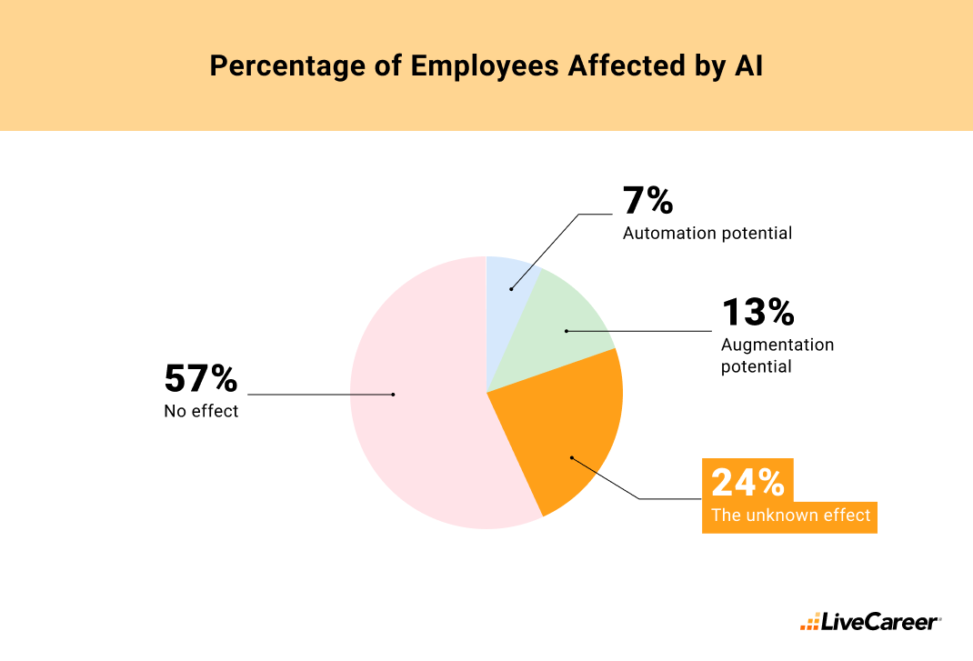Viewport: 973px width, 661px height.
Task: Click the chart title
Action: (486, 67)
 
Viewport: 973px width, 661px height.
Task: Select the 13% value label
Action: (757, 312)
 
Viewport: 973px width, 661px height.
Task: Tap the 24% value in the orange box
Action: (747, 482)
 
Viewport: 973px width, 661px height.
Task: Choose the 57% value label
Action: (200, 378)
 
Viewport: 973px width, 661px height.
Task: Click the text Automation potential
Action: (707, 234)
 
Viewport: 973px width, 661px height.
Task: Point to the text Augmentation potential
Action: (777, 356)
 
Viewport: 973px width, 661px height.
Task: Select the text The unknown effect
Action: (790, 516)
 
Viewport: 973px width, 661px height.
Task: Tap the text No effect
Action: (201, 411)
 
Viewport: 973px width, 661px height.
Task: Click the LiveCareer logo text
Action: (880, 623)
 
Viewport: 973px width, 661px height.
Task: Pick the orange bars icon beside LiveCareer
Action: (809, 624)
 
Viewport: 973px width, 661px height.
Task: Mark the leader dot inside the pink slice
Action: (393, 395)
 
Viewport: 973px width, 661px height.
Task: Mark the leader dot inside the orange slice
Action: (571, 457)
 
